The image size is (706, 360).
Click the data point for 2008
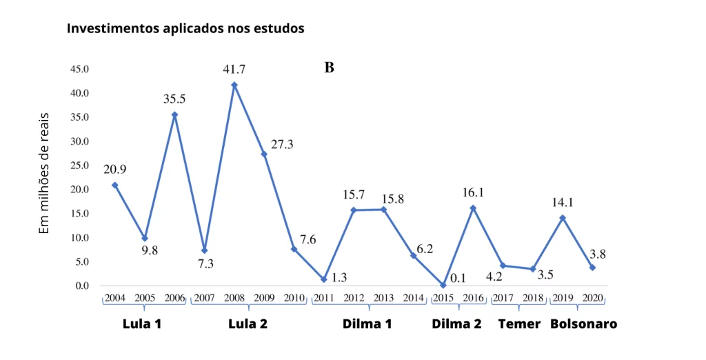234,85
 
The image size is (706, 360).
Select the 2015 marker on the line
443,286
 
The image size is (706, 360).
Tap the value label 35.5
174,99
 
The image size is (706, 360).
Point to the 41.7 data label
234,70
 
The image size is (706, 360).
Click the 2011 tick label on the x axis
324,298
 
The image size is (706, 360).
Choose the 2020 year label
592,298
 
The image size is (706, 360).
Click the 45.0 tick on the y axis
79,69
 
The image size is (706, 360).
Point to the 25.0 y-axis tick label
79,166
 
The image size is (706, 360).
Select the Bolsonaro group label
583,324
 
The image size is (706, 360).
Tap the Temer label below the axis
519,324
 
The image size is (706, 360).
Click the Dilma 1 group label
367,324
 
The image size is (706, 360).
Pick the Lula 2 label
248,324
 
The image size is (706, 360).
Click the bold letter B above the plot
329,68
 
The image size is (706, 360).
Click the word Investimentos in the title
105,28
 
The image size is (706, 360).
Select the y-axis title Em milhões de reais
43,174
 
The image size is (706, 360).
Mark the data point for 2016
473,208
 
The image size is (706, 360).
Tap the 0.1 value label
458,279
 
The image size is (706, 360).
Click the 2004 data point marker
115,186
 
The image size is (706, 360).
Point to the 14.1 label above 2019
563,203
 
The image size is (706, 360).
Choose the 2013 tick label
383,298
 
